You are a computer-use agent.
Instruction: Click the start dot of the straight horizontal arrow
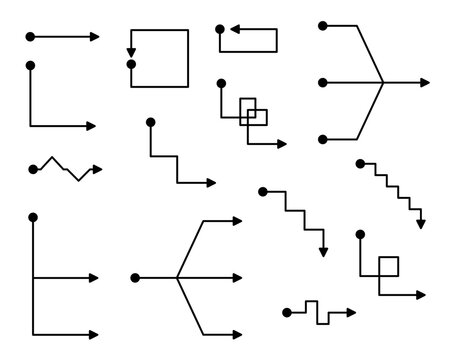(30, 36)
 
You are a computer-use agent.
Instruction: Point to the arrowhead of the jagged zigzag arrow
(98, 167)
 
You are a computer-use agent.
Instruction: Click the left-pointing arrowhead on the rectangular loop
(225, 31)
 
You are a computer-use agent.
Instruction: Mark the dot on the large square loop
(131, 65)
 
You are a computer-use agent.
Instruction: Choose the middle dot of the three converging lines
(321, 80)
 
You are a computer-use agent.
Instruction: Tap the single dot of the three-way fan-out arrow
(133, 277)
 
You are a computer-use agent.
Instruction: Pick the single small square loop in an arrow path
(388, 266)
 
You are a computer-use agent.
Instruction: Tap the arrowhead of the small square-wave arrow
(352, 312)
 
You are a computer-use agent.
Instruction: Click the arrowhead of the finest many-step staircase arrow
(421, 224)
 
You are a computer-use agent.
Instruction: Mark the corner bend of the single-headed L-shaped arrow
(31, 125)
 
